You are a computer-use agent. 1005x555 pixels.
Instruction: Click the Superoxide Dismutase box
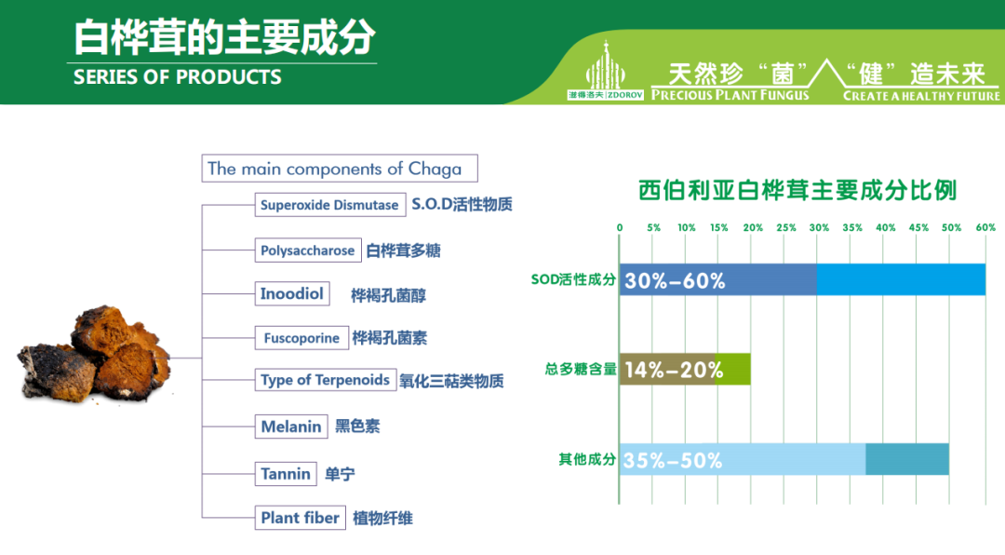330,205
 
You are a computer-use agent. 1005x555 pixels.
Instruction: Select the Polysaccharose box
308,250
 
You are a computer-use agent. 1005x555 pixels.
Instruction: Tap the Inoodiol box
292,294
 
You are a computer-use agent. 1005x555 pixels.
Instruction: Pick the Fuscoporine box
301,337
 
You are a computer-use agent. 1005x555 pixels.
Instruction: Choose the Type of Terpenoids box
325,380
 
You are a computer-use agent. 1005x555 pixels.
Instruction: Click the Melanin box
291,426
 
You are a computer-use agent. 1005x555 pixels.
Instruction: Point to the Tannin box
286,474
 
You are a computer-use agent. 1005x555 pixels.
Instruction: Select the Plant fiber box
300,517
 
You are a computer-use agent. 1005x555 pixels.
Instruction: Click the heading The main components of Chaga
340,169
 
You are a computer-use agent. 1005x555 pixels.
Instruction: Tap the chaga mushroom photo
94,355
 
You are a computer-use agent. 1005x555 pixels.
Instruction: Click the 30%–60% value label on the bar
675,280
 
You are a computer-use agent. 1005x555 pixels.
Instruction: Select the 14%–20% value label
674,371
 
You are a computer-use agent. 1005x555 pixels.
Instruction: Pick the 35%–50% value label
673,460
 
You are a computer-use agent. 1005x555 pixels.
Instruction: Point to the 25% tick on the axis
785,228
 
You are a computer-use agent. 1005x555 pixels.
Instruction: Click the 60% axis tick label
985,228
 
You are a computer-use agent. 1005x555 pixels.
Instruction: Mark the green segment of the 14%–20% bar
732,369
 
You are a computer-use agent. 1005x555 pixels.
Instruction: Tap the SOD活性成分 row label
573,279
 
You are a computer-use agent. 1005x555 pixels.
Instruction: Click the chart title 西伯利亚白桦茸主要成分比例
797,191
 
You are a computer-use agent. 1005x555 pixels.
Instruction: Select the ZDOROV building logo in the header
606,71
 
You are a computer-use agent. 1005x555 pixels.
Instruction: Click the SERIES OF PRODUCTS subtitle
178,77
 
